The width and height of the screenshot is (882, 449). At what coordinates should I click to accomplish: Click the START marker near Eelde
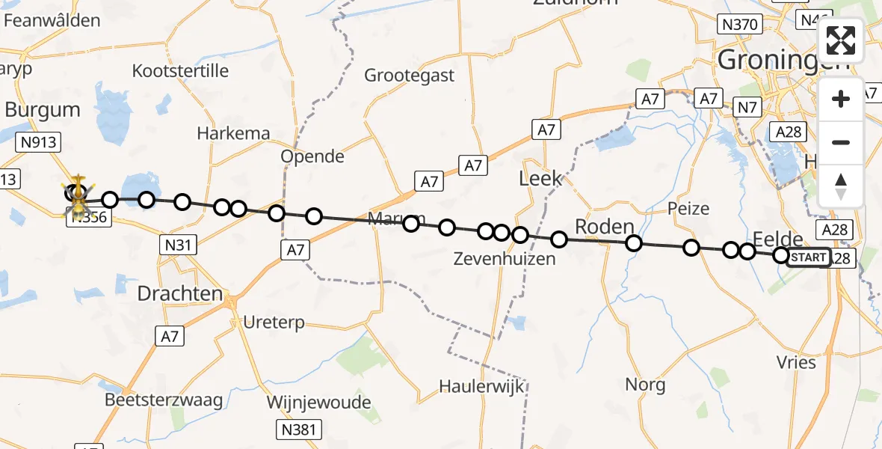pos(808,257)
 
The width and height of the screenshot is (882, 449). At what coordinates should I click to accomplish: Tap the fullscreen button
pos(841,40)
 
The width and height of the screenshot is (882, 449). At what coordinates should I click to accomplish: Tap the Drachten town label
pos(180,293)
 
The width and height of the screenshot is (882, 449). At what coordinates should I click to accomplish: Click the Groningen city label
pos(783,60)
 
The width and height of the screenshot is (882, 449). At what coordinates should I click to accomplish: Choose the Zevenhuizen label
pos(506,260)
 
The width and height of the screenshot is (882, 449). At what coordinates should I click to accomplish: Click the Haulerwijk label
pos(481,386)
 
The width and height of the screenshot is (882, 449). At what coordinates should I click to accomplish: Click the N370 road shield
pos(738,25)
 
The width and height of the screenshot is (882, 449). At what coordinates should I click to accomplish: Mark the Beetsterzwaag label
pos(164,400)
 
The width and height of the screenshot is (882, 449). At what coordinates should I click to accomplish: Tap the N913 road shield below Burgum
pos(39,142)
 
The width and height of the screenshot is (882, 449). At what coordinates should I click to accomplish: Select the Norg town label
pos(645,385)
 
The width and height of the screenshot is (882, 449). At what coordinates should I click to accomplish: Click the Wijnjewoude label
pos(319,403)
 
